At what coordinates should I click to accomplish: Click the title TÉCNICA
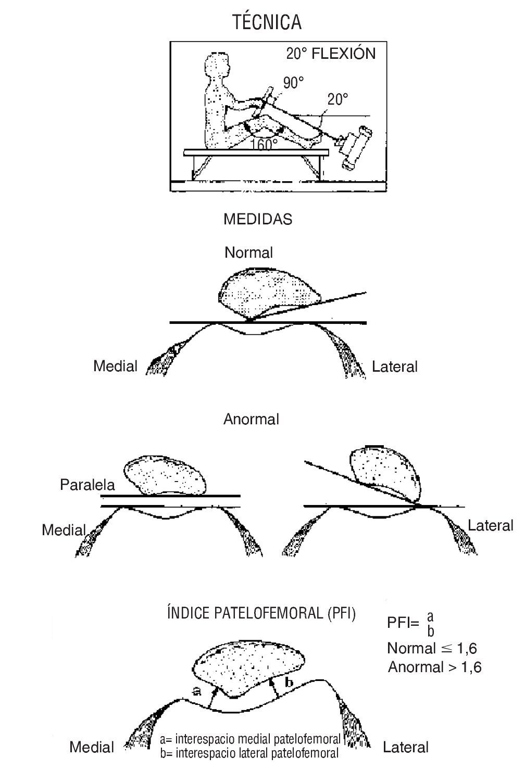pos(267,22)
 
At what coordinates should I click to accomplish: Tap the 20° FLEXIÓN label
pos(330,54)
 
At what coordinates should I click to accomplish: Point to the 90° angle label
pos(293,82)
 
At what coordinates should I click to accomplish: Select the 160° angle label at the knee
pos(264,144)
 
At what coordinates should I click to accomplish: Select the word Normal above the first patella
pos(248,253)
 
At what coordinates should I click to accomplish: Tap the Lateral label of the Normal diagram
pos(394,367)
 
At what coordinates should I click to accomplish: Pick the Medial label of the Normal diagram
pos(115,367)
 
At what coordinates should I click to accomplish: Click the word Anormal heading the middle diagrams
pos(251,419)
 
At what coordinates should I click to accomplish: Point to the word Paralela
pos(87,485)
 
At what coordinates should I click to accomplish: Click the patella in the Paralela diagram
pos(165,475)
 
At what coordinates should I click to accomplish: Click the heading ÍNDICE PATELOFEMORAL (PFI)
pos(261,613)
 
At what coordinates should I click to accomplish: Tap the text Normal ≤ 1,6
pos(432,648)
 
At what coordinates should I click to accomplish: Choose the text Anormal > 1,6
pos(434,667)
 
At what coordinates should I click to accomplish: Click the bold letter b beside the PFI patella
pos(290,682)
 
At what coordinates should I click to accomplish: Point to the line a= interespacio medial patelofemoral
pos(250,739)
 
